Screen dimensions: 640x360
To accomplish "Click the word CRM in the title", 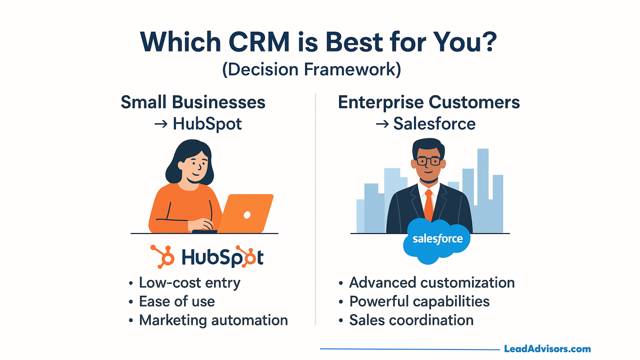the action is point(259,42).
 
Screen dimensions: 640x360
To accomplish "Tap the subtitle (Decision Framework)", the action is point(312,69).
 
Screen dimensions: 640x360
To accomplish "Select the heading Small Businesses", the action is point(193,102).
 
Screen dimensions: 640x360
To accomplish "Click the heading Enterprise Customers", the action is point(429,102).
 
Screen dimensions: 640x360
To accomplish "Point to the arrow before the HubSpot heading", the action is point(161,124).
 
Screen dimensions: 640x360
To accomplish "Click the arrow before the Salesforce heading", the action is point(382,124).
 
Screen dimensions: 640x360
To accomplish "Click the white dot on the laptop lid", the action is point(247,215).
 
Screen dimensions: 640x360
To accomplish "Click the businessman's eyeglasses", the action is point(429,161).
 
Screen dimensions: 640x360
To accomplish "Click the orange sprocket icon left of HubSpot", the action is point(163,256).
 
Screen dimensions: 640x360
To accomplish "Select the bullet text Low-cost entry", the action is point(190,283).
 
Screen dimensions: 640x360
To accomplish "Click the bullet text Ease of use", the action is point(177,302).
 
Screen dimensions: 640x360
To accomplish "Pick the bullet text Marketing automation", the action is point(213,320).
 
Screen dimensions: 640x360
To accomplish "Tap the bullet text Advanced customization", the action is point(432,283).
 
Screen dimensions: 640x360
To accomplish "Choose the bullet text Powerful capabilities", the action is point(419,302).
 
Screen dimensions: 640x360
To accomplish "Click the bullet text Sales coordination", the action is point(411,320).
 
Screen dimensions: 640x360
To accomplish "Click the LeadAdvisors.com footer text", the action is point(547,349).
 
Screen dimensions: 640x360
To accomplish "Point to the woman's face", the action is point(195,165).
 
